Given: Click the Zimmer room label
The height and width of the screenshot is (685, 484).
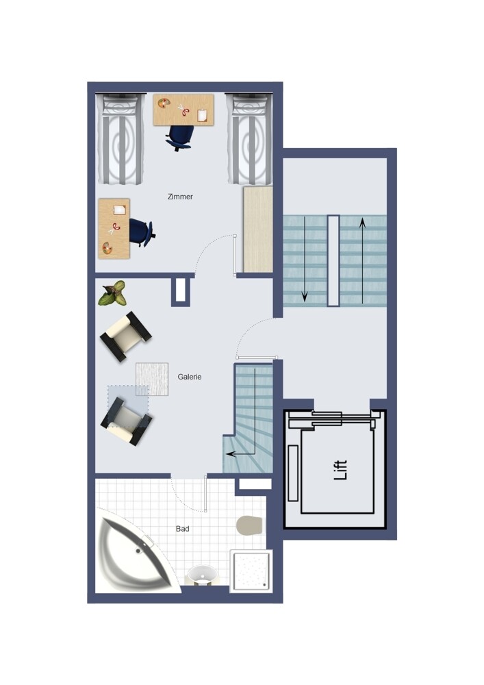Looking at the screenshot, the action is [180, 197].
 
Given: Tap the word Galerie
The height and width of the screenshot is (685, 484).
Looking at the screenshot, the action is [190, 377].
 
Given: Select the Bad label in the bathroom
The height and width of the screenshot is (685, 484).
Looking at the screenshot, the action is [182, 529].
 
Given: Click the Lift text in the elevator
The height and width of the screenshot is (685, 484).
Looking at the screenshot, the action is [340, 470].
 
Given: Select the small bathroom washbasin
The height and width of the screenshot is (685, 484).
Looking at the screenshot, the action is [201, 575].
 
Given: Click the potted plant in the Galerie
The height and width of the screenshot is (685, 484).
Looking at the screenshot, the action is [112, 293].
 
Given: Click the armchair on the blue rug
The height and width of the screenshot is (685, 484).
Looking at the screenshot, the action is [127, 421].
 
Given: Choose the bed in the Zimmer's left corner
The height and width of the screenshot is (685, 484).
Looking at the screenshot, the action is [120, 139].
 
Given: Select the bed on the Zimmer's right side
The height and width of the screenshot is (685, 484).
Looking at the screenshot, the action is [249, 139].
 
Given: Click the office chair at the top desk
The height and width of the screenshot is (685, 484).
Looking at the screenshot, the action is [179, 137].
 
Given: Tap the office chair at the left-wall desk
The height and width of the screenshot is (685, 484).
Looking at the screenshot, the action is [142, 232].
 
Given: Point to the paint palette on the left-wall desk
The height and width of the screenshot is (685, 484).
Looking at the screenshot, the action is [107, 249].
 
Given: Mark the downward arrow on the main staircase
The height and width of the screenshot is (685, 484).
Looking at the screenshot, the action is [305, 259].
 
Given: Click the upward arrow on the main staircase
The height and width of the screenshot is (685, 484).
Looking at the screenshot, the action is [362, 260].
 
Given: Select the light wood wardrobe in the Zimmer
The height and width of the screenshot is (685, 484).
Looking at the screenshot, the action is [258, 229].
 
